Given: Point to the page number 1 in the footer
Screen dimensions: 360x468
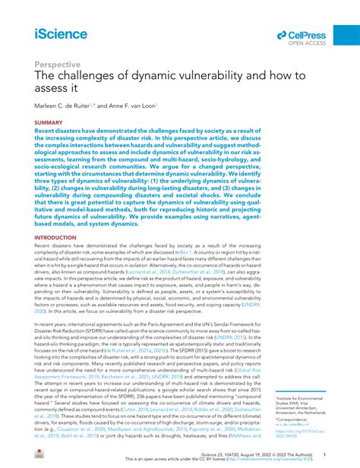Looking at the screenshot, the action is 325,454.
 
